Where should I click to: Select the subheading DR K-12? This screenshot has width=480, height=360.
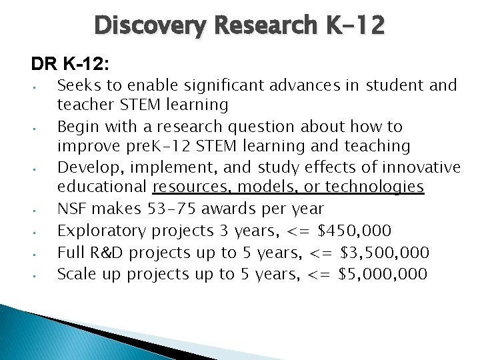(x=70, y=64)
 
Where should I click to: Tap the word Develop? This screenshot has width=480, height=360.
(x=84, y=167)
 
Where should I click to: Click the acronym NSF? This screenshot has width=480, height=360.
(x=71, y=209)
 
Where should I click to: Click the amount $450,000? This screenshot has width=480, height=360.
(x=355, y=231)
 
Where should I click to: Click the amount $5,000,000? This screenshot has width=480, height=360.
(x=385, y=273)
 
